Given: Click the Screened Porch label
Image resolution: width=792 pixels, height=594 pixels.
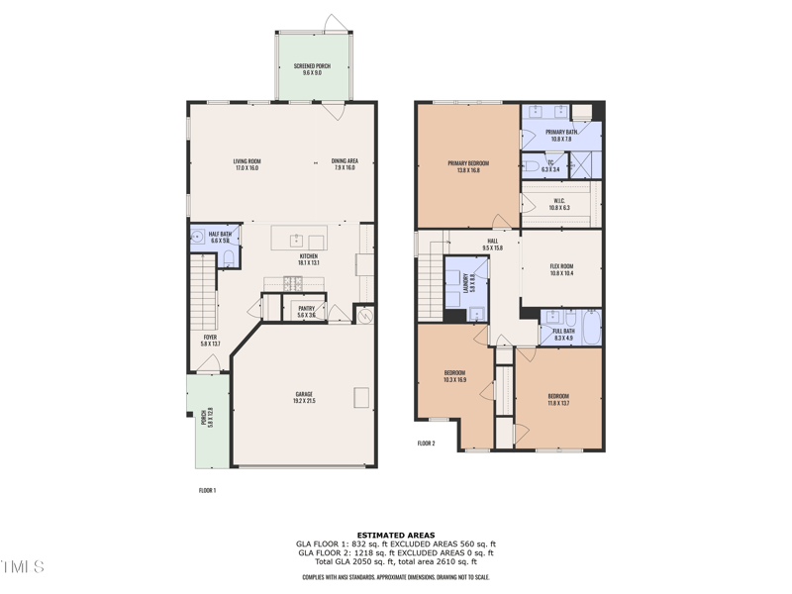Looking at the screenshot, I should [312, 69].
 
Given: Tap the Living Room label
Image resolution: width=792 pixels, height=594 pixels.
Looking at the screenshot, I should [247, 164].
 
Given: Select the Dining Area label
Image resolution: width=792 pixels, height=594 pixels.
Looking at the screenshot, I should [345, 164].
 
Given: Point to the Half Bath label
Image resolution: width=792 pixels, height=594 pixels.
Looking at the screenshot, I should [220, 238].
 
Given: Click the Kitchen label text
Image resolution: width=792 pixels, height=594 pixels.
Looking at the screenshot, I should [309, 259].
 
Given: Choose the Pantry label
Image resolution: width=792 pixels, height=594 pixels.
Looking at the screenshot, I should [306, 311].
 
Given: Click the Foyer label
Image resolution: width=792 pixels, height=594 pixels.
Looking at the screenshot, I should [210, 340].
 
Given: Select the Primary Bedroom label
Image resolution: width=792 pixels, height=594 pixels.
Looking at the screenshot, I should [468, 166].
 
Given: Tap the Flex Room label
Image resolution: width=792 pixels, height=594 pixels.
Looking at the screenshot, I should [561, 269].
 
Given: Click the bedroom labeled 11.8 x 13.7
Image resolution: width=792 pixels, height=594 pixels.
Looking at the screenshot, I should [558, 399].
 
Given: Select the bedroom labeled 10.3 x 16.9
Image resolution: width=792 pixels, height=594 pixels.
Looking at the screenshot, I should [454, 376].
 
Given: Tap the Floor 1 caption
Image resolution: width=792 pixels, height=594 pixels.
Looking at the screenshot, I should [207, 490].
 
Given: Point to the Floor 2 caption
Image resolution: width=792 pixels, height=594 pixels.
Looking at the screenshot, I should [426, 443].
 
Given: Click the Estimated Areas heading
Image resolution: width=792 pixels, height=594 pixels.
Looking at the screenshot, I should [396, 535].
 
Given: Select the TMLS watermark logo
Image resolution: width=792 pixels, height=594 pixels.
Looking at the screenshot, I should [22, 566].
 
